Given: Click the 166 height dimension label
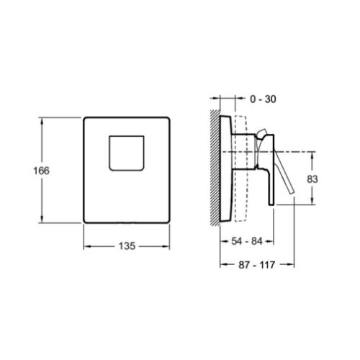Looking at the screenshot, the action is coord(41,171).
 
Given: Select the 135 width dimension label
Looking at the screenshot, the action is coord(127,246).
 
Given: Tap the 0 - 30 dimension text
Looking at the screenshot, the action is coord(263,99).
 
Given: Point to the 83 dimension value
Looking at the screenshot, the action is coord(312,179).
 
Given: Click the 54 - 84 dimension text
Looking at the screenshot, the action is coord(247,241).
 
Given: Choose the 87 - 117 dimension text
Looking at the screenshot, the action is coord(257,265).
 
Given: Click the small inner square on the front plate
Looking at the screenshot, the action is coord(127,153).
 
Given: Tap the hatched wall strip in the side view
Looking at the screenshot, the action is coord(215,168).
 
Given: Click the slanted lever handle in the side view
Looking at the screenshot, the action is coord(284,172).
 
